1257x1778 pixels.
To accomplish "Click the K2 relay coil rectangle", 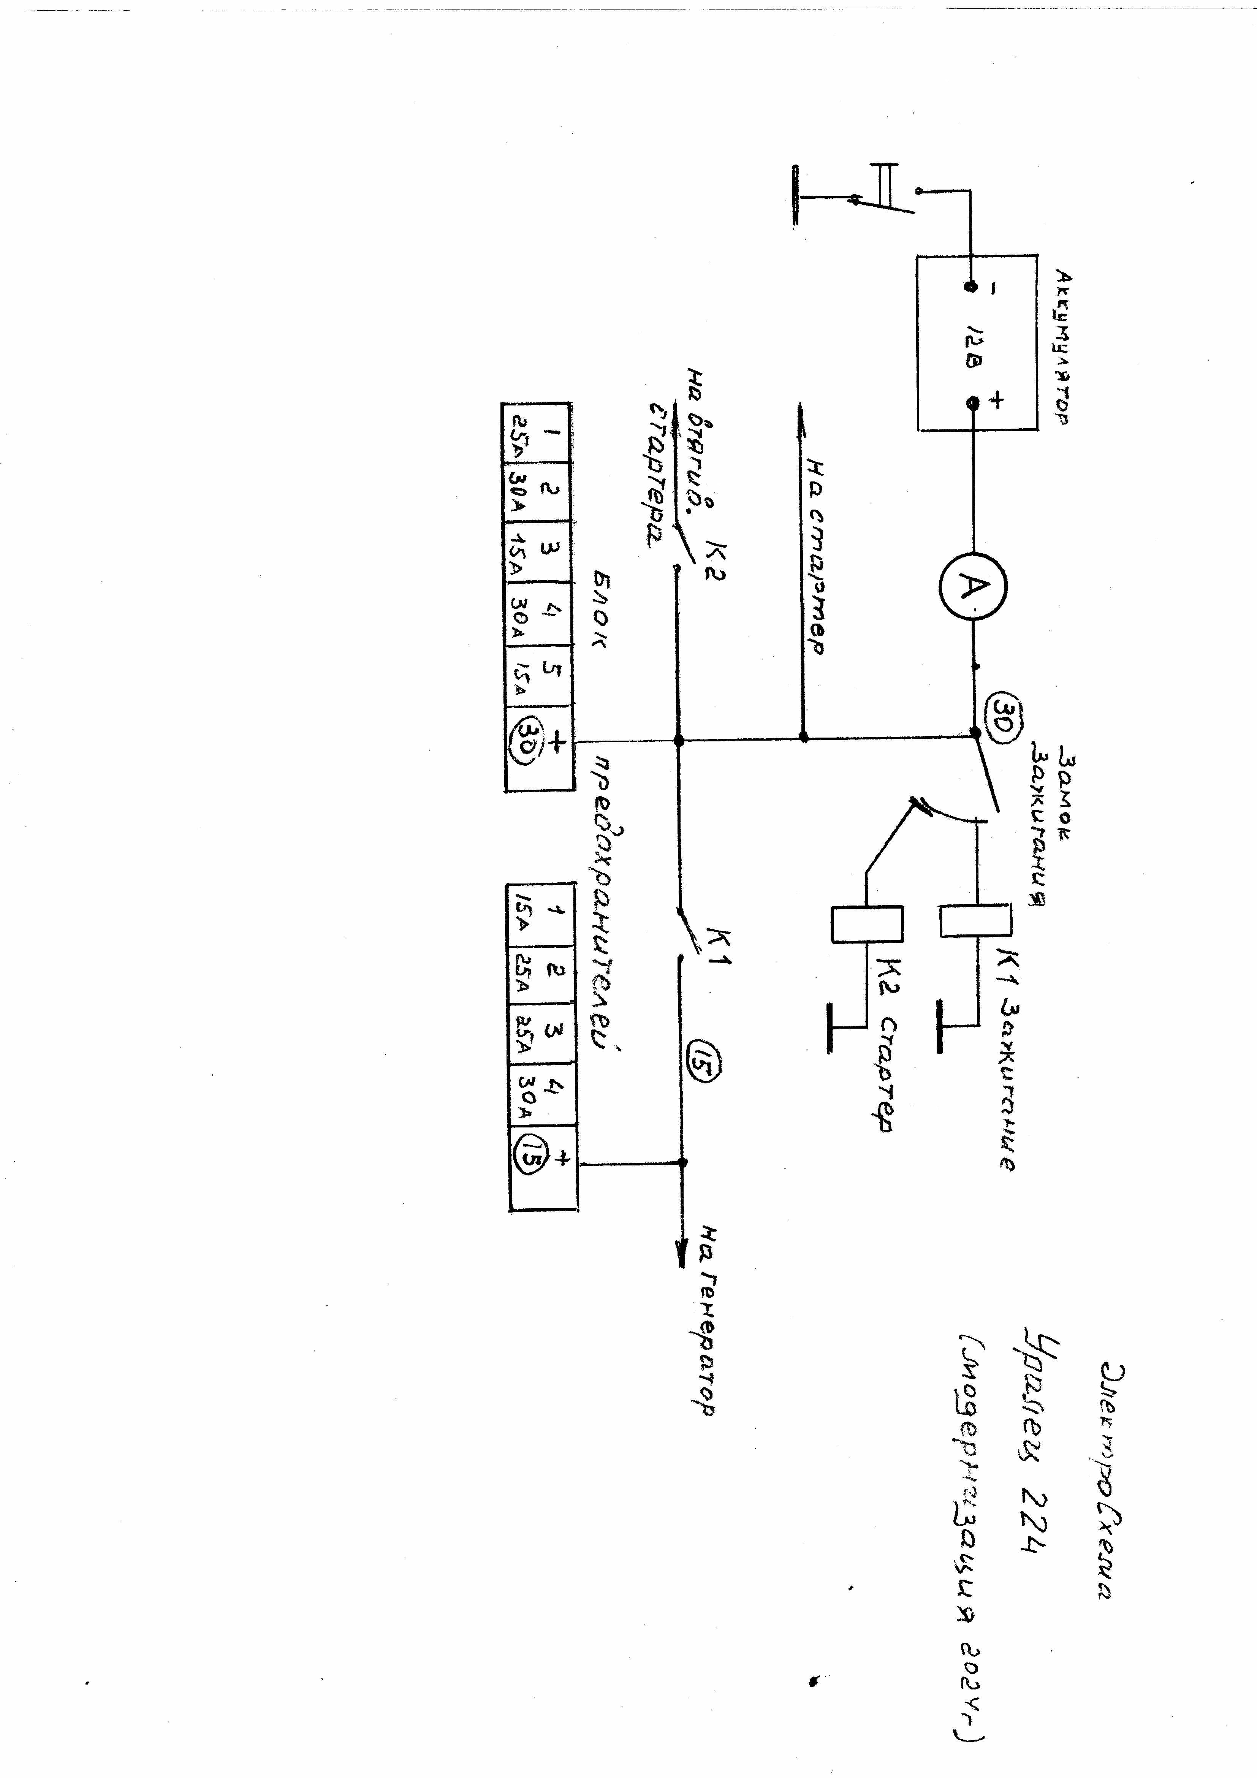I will pyautogui.click(x=867, y=924).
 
